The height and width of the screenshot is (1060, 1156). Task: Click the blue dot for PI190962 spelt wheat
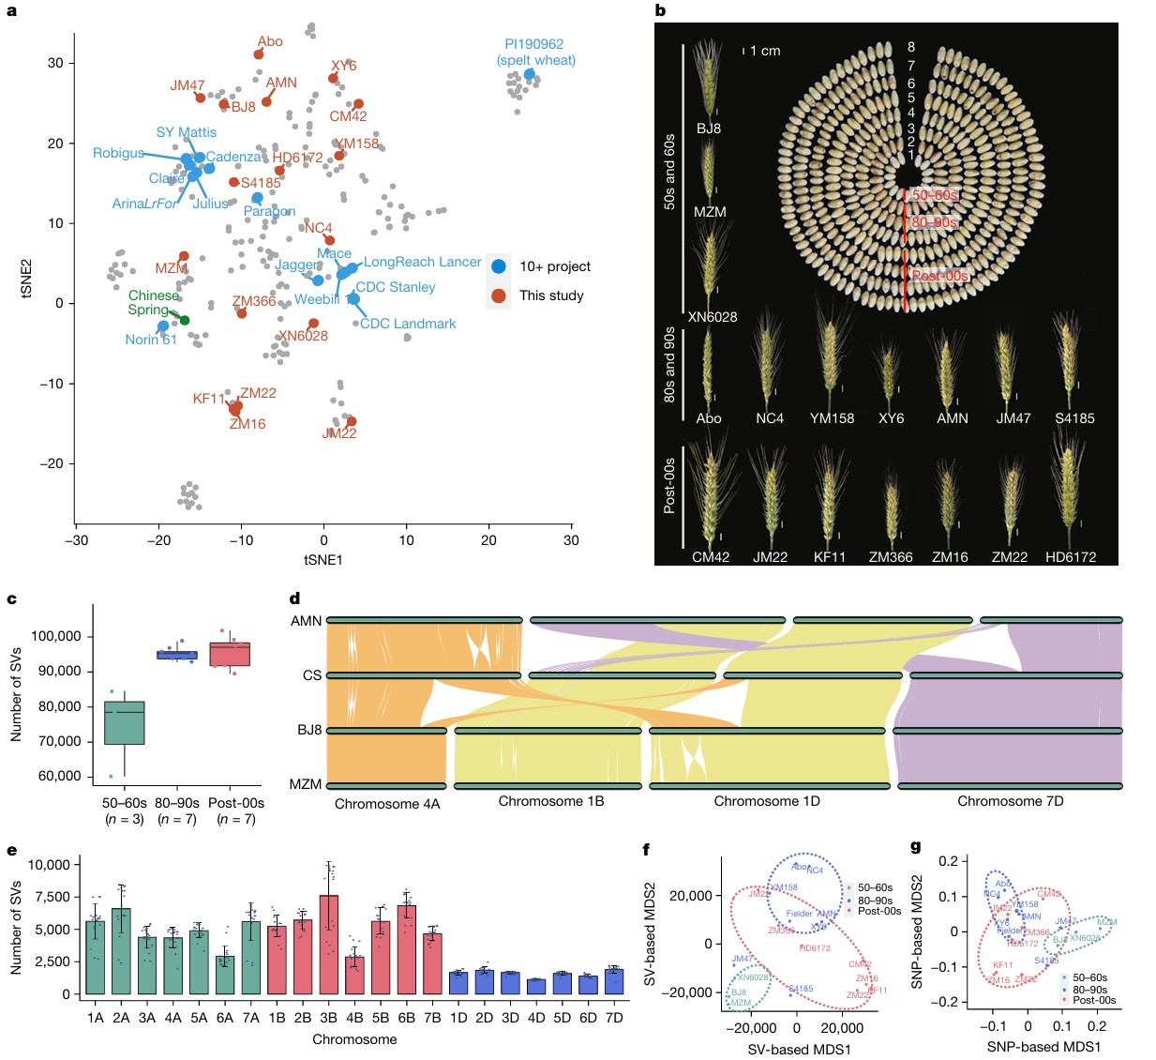click(529, 74)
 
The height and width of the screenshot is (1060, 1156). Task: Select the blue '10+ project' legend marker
click(499, 266)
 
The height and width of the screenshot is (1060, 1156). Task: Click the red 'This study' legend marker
click(499, 295)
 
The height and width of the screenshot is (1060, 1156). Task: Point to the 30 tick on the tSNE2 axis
click(55, 63)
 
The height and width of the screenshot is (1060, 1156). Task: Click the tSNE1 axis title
click(323, 560)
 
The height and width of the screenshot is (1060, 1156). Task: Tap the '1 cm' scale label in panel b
click(765, 51)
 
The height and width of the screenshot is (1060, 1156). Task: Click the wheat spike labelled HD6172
click(1069, 492)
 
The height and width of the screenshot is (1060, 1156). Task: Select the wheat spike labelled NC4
click(769, 361)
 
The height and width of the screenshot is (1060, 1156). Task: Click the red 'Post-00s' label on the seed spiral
click(939, 276)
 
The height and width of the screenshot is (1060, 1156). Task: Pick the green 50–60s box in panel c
click(124, 722)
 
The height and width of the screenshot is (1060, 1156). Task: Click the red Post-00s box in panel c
click(230, 654)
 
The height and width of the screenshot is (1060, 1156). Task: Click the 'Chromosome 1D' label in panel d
click(766, 801)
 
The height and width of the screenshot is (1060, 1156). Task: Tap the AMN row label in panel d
click(306, 621)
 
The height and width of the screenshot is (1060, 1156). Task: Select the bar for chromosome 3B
click(328, 944)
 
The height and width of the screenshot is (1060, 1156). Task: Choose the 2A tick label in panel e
click(121, 1018)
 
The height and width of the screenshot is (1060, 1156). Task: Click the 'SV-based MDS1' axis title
click(799, 1050)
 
